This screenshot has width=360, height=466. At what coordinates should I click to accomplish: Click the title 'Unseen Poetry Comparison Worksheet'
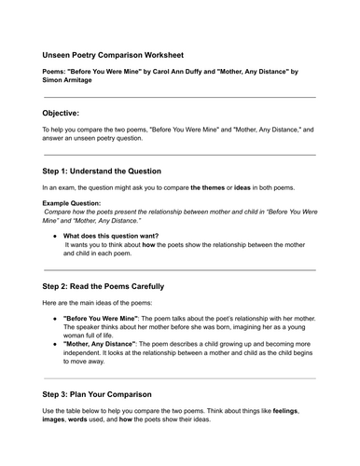[x=118, y=55]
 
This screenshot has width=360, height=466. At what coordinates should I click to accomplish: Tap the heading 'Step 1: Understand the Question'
[x=103, y=171]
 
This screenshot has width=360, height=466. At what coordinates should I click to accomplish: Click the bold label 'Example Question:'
[x=74, y=202]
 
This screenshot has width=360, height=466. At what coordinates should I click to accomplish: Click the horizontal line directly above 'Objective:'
[x=179, y=96]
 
